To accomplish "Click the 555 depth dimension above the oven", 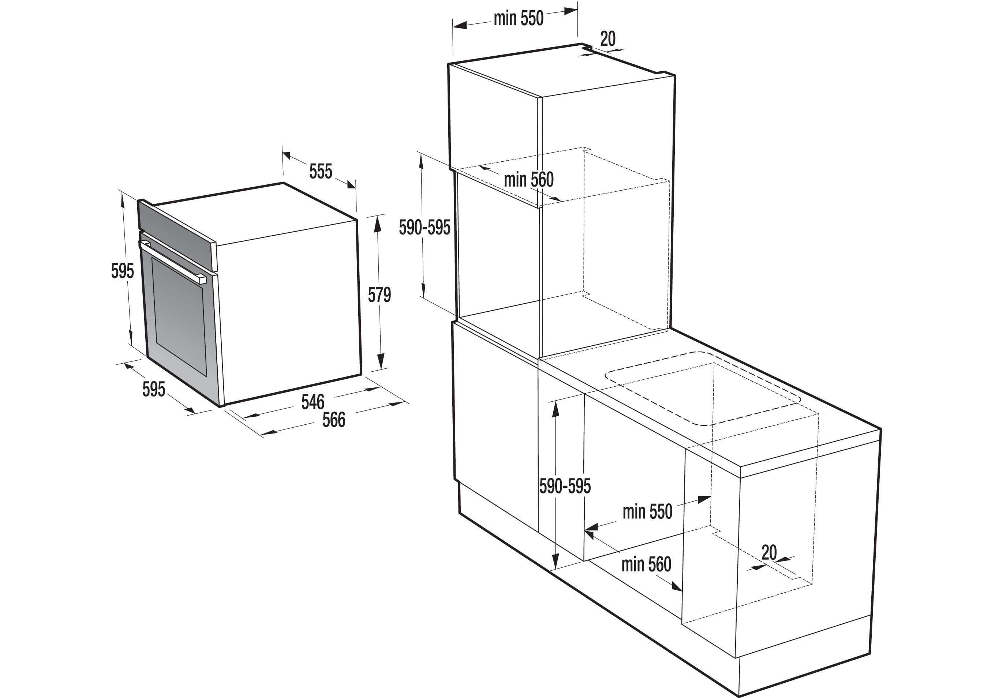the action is [x=321, y=172].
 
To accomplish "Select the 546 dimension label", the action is [x=313, y=402].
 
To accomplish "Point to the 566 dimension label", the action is [x=334, y=420].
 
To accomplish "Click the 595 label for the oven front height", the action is [x=123, y=271].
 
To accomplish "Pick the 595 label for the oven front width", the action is [x=154, y=389].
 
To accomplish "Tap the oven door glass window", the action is [x=179, y=316].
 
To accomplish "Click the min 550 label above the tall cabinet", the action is [x=518, y=19].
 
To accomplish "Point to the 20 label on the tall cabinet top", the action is [x=607, y=39].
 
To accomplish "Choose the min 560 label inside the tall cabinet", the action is [x=529, y=179].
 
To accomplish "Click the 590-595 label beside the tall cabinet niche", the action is [x=425, y=228].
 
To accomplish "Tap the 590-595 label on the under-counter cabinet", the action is [x=565, y=487].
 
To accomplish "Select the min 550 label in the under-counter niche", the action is [x=647, y=512].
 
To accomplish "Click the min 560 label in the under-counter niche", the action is [x=646, y=564].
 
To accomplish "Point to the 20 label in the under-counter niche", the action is [x=769, y=552].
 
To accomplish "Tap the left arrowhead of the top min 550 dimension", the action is [x=460, y=25].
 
